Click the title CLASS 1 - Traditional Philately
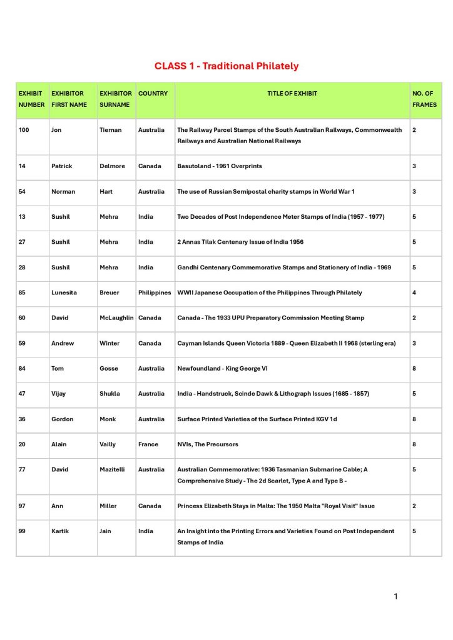(x=227, y=66)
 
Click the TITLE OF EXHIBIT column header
(x=292, y=94)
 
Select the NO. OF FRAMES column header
(x=424, y=99)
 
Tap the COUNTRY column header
(x=153, y=94)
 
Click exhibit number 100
(x=24, y=130)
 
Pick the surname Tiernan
(x=110, y=130)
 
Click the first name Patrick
(x=61, y=166)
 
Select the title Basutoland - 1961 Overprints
(x=220, y=166)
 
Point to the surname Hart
(x=106, y=191)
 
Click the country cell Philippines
(x=155, y=292)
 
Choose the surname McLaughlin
(x=116, y=317)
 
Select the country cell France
(x=147, y=444)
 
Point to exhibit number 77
(x=23, y=469)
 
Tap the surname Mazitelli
(x=113, y=469)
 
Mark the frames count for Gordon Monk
(x=414, y=419)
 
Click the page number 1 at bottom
(x=395, y=597)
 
